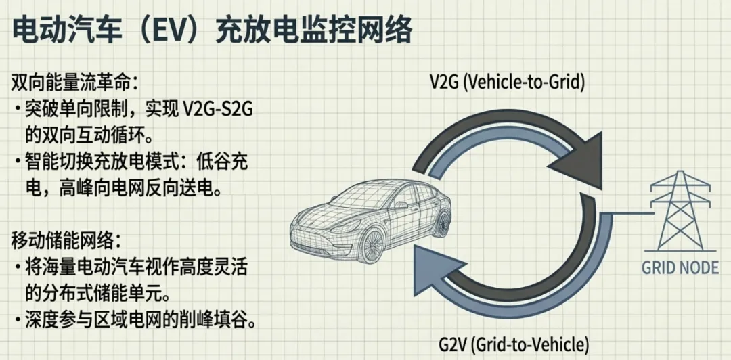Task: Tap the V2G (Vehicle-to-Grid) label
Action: (507, 82)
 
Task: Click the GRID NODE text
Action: (680, 267)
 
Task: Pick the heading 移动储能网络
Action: (66, 240)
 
